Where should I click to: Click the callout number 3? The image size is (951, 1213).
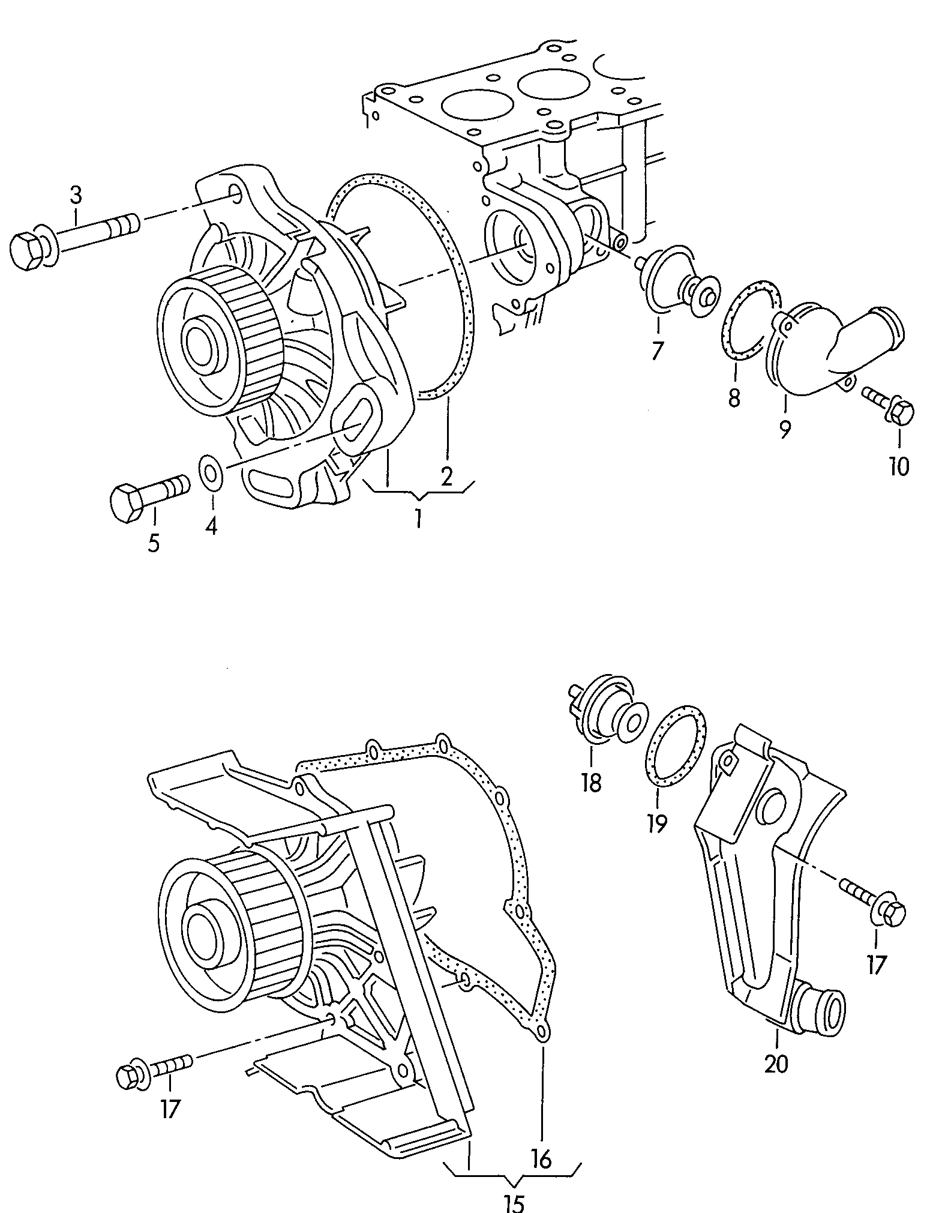76,196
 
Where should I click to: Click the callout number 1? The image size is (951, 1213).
418,518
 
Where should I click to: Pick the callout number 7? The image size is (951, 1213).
658,349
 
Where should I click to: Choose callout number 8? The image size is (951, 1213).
734,398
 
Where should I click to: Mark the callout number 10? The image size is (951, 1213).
899,466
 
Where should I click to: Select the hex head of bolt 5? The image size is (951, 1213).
127,502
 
